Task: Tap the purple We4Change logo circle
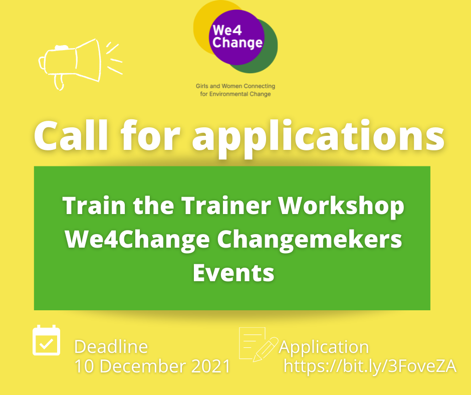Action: click(237, 37)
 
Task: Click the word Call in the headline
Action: click(71, 135)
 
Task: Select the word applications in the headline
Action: click(318, 139)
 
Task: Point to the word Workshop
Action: click(341, 206)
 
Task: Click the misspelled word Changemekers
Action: click(309, 241)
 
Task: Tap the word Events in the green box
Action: click(233, 273)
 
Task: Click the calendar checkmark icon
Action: click(46, 340)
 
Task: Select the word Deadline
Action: click(111, 347)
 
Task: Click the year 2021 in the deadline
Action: click(211, 366)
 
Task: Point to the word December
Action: click(144, 366)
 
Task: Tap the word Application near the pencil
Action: click(324, 348)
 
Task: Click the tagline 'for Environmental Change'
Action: click(235, 94)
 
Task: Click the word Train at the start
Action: click(94, 206)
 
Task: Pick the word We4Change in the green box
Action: click(137, 241)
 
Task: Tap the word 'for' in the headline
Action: click(150, 135)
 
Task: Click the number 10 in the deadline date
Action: click(84, 366)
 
